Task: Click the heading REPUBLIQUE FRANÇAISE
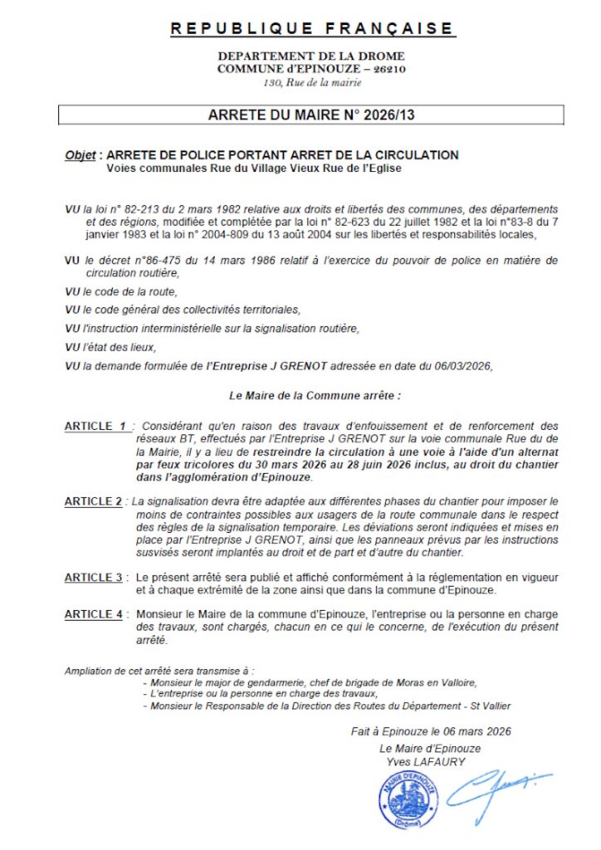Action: (x=312, y=30)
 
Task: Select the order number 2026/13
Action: (x=388, y=115)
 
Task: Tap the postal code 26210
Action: (x=389, y=69)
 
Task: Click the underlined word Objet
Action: (x=81, y=155)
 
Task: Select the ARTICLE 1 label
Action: (x=96, y=426)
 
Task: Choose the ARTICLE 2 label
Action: (x=94, y=501)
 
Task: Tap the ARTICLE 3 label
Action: (x=94, y=577)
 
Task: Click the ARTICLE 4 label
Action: (x=94, y=614)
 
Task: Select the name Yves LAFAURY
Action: (x=426, y=762)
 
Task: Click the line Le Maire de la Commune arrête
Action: (x=314, y=396)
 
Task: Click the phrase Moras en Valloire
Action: (x=427, y=682)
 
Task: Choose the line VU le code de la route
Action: (x=121, y=291)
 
